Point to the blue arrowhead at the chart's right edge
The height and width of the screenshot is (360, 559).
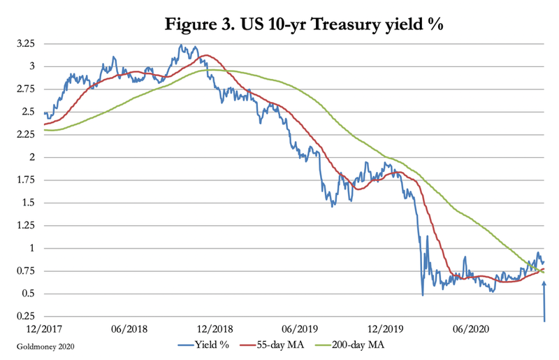(544, 283)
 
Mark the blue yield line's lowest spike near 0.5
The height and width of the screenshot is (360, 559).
(423, 294)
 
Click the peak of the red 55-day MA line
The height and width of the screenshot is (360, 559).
(205, 55)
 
